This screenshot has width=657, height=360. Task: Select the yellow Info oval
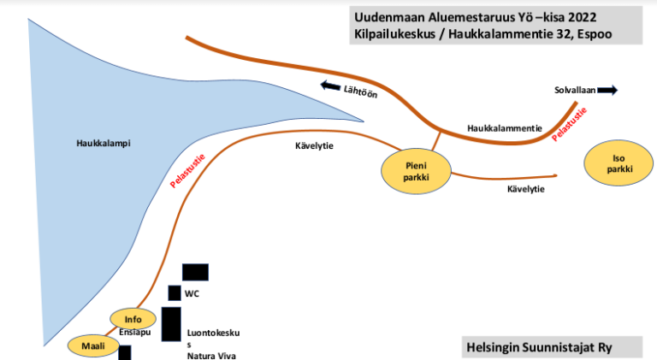pos(133,319)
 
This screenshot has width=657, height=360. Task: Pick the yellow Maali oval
pos(92,345)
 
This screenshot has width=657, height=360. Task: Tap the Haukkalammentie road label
pos(505,127)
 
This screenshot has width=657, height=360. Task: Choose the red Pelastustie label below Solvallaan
pos(569,123)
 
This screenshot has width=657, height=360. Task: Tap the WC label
pos(192,293)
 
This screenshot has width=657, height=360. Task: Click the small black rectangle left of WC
pos(174,293)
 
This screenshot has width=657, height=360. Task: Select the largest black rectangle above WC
pos(195,272)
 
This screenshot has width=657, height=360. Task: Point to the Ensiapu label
pos(135,332)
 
